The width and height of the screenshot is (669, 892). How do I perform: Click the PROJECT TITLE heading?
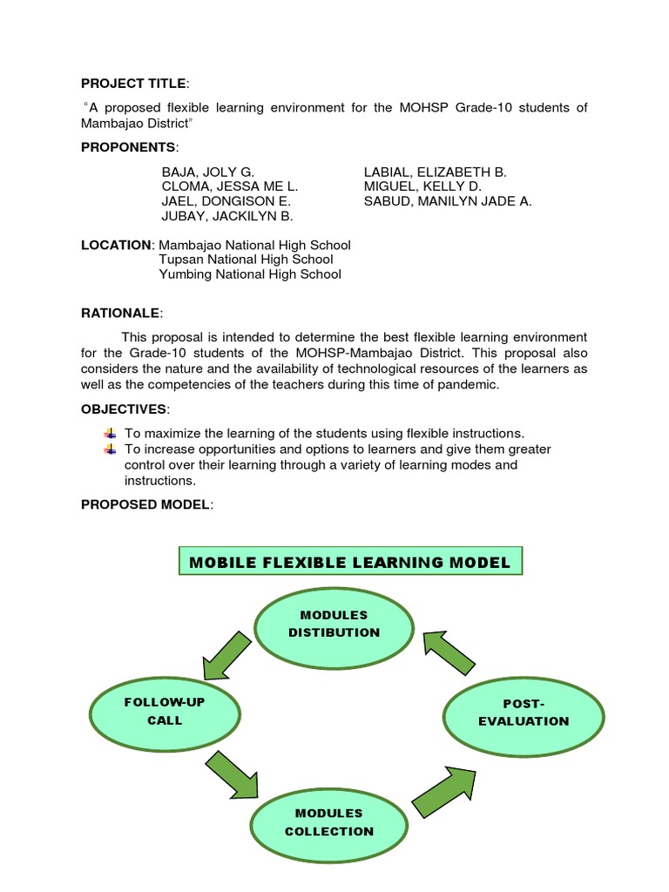[x=133, y=84]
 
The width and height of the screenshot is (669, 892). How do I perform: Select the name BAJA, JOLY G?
[x=208, y=172]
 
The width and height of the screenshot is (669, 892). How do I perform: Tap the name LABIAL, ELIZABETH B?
[x=435, y=172]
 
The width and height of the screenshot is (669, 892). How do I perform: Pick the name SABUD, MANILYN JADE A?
[x=448, y=201]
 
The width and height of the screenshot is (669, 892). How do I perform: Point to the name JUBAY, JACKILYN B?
[x=227, y=215]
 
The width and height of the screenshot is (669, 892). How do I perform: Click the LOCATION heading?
[x=116, y=246]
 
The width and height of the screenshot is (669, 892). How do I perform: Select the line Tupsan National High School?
[x=246, y=260]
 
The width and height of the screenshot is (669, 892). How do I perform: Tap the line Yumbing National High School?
[x=250, y=274]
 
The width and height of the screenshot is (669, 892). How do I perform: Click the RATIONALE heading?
[x=120, y=313]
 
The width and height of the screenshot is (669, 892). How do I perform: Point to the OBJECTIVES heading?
[x=124, y=409]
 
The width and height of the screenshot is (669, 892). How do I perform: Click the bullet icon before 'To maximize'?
[x=110, y=434]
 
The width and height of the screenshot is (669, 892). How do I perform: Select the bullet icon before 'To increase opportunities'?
[x=110, y=449]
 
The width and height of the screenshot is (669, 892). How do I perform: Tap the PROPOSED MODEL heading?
[x=145, y=505]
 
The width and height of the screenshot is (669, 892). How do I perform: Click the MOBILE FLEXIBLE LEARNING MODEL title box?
[x=350, y=562]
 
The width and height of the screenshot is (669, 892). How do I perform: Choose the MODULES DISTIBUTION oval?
[x=334, y=624]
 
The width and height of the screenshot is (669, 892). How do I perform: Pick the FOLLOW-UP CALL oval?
[x=165, y=711]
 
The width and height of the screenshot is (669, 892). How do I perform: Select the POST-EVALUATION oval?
[x=524, y=712]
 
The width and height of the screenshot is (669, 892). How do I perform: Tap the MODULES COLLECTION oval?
[x=328, y=821]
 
